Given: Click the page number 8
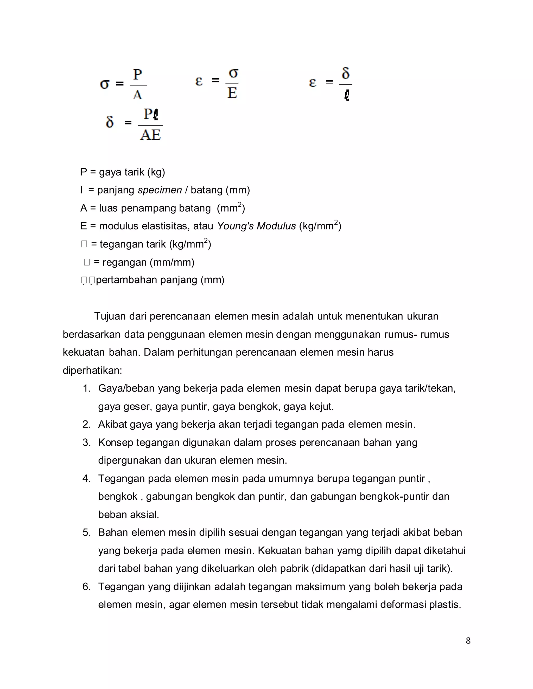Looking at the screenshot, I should click(468, 640).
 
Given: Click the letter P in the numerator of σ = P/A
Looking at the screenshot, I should click(137, 75).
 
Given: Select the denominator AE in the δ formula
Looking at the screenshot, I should click(151, 135).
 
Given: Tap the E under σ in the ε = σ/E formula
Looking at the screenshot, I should click(232, 93).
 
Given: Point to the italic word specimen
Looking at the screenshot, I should click(160, 190).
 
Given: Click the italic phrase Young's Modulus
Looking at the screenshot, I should click(256, 226).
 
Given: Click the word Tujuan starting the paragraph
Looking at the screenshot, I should click(110, 316).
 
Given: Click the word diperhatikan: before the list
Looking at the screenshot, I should click(92, 370).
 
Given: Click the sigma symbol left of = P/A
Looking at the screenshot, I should click(105, 84).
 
